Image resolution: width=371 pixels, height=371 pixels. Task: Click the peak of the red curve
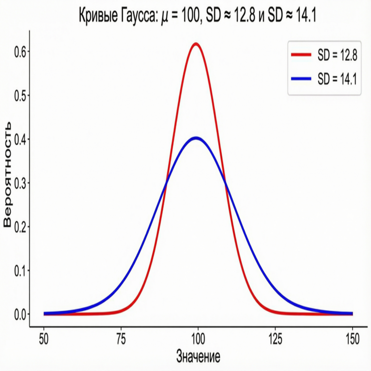pos(196,44)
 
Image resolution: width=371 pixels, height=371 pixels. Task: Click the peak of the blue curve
pos(195,138)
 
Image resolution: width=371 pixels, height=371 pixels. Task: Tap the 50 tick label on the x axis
pos(44,338)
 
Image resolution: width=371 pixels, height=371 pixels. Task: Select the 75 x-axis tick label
pos(121,338)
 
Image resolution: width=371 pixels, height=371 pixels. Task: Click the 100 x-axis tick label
pos(198,338)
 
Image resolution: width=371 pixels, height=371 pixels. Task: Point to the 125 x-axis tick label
pos(275,338)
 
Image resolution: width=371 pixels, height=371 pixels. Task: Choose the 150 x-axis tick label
pos(352,338)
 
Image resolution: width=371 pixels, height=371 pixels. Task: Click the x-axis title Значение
pos(198,357)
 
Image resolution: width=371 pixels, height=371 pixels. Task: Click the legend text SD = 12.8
pos(337,56)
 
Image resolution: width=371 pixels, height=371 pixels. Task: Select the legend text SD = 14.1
pos(337,79)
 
